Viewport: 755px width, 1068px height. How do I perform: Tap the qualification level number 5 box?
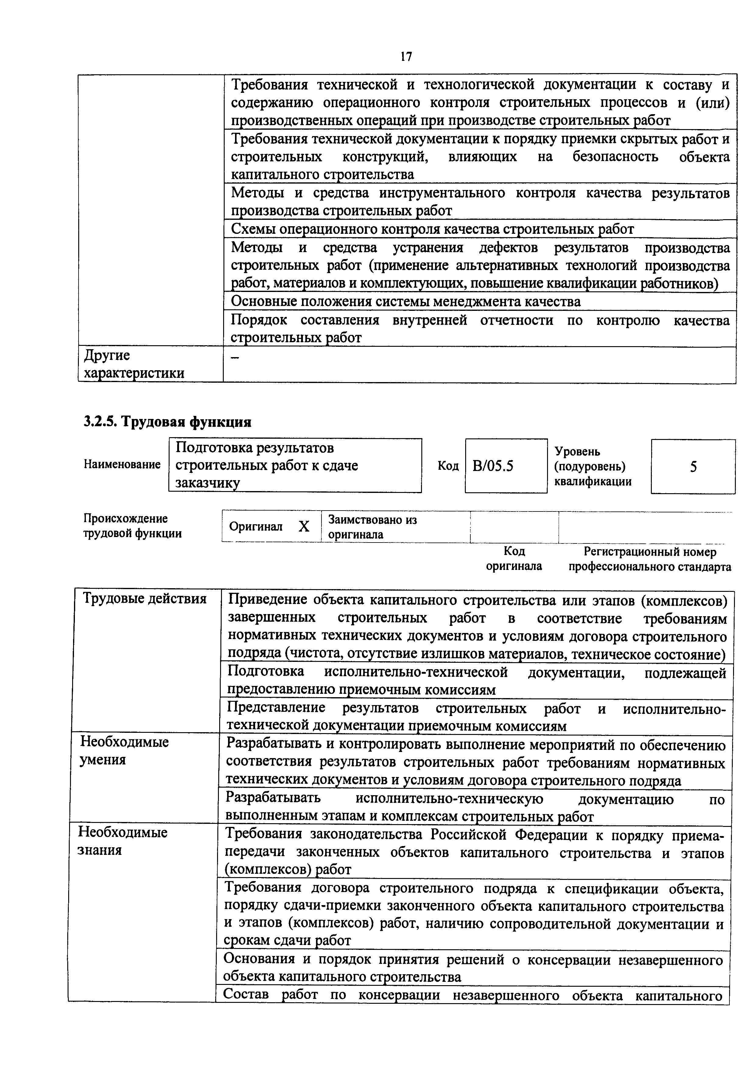pyautogui.click(x=693, y=466)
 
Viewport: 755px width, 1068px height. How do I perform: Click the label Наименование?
pyautogui.click(x=122, y=465)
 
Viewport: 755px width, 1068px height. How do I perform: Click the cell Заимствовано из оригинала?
pyautogui.click(x=372, y=527)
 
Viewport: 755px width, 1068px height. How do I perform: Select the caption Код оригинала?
pyautogui.click(x=514, y=559)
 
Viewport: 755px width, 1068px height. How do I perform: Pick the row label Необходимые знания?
pyautogui.click(x=122, y=841)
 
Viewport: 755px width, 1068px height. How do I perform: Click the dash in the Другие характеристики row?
pyautogui.click(x=236, y=357)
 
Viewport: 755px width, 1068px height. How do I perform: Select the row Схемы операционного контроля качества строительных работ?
pyautogui.click(x=432, y=229)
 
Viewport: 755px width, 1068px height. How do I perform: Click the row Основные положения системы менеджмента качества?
pyautogui.click(x=406, y=302)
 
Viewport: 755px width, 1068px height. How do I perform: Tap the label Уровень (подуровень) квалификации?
pyautogui.click(x=593, y=466)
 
